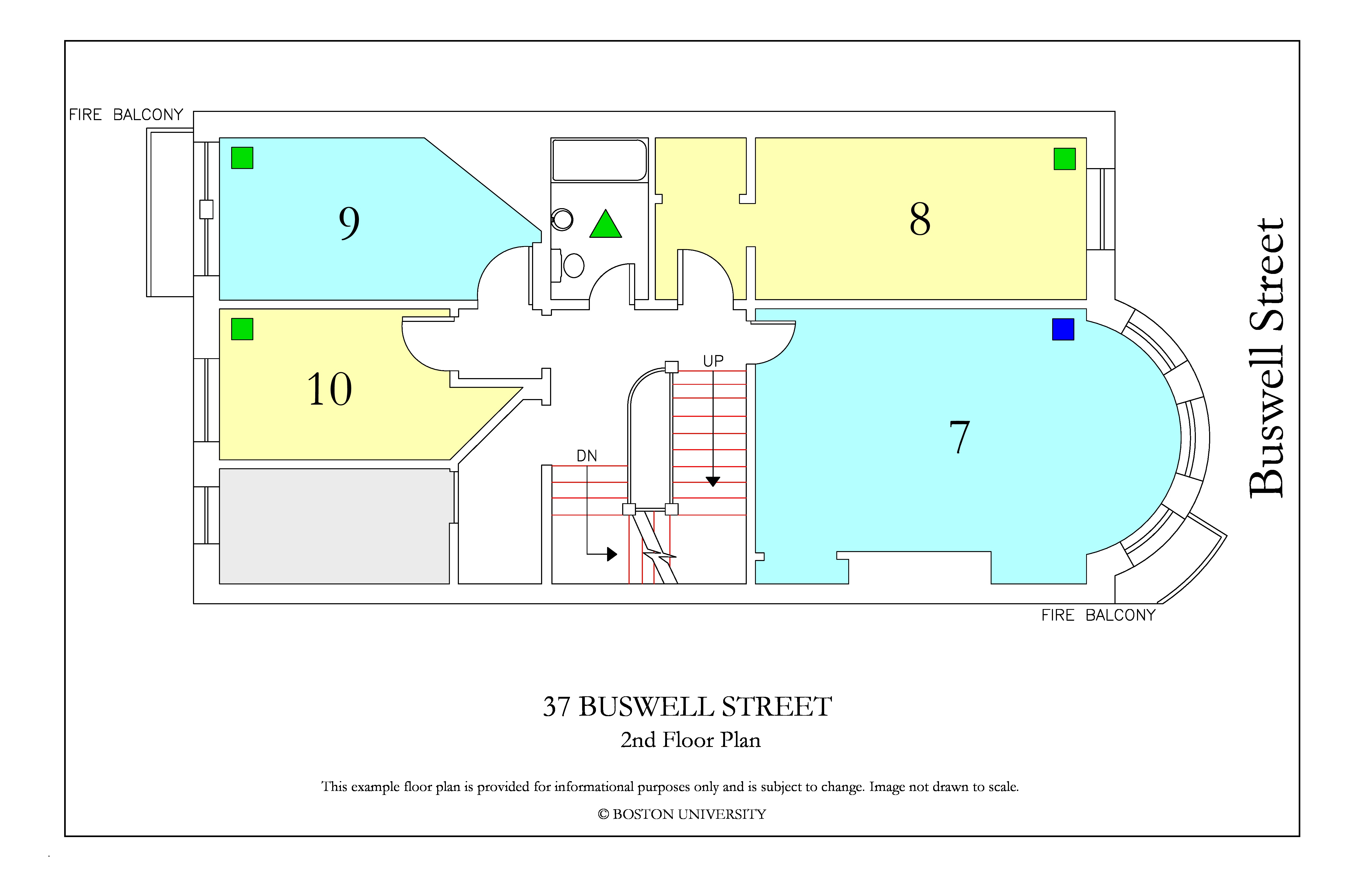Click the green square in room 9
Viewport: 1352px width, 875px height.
click(242, 158)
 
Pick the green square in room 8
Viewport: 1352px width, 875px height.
click(1065, 159)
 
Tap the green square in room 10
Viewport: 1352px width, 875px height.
click(242, 329)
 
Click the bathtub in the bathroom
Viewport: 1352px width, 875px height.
click(599, 160)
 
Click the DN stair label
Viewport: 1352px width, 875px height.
click(587, 456)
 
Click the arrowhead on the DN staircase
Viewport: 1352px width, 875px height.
click(612, 554)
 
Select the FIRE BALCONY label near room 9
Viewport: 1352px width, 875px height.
click(126, 115)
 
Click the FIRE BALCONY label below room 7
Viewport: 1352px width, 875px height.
click(1099, 615)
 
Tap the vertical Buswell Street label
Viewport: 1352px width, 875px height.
click(1266, 358)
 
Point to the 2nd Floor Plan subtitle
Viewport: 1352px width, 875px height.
click(690, 740)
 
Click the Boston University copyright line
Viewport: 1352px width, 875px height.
click(682, 814)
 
